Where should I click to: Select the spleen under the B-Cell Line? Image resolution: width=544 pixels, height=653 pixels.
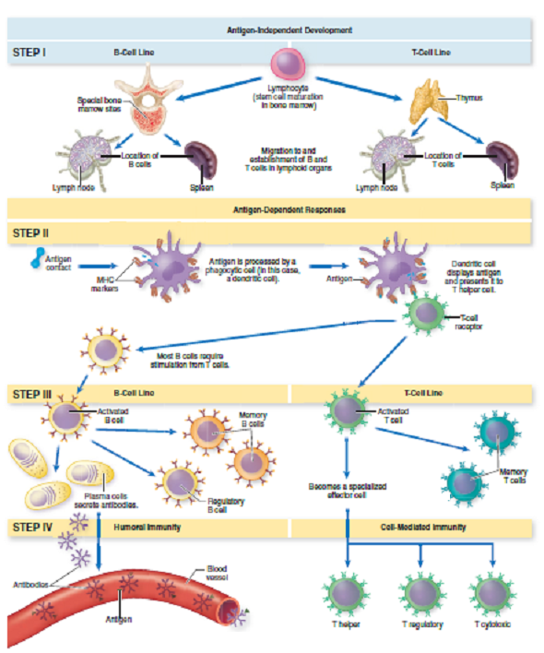pos(202,160)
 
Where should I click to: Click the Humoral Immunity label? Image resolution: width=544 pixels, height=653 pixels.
pos(146,528)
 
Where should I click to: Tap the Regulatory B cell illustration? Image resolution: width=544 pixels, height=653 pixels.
pos(177,481)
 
